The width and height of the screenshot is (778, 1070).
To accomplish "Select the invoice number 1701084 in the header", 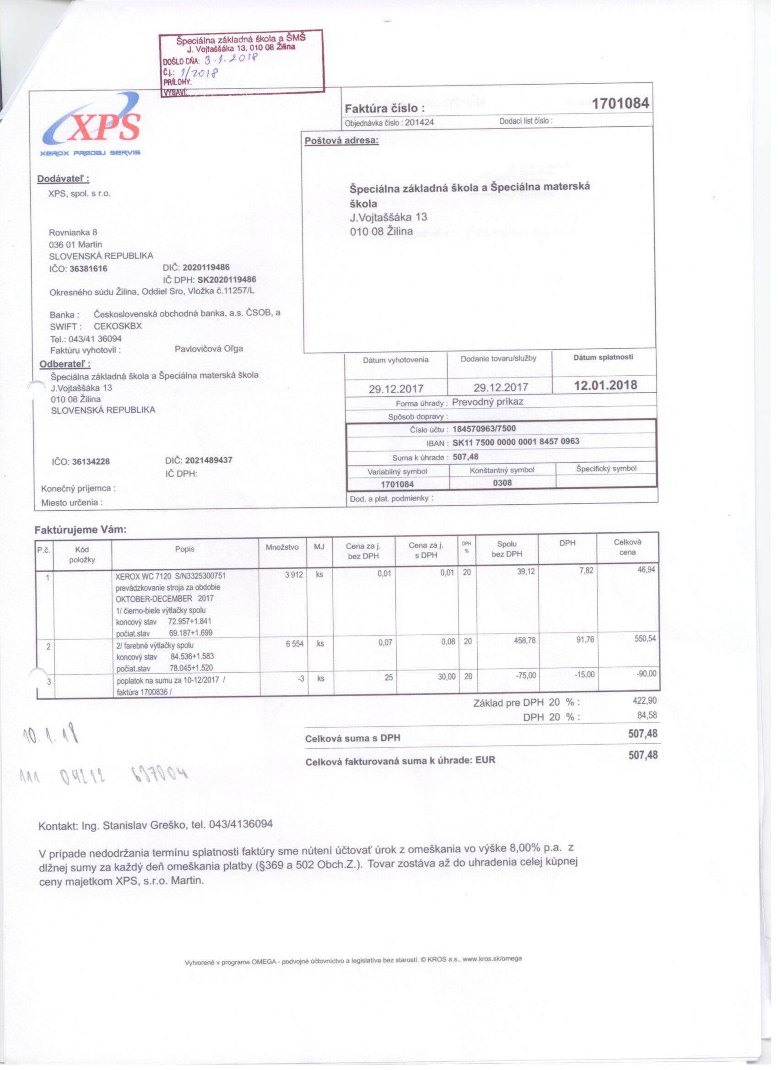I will [620, 103].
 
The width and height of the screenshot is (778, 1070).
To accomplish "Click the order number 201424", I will [419, 123].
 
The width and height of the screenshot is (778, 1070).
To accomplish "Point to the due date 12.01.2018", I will [605, 385].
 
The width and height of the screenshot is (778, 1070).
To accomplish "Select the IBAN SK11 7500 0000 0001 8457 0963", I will [516, 442].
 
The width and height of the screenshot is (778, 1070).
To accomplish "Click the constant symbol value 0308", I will [502, 483].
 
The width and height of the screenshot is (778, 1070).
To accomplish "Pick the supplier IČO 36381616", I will [88, 269].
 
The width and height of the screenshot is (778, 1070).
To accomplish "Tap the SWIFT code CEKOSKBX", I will [118, 326].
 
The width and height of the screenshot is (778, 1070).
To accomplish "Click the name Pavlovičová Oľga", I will [209, 349].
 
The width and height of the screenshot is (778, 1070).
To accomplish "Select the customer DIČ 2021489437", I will [209, 460].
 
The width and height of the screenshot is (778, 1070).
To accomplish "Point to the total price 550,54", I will [645, 639].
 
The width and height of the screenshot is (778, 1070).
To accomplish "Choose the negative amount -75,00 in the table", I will [525, 675].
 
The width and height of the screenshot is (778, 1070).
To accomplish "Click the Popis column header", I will [184, 549].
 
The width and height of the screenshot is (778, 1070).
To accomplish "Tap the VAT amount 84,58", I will [647, 715].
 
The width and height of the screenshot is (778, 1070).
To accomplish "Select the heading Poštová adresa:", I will [341, 141].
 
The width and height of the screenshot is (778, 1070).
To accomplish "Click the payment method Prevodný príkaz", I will [487, 402].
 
